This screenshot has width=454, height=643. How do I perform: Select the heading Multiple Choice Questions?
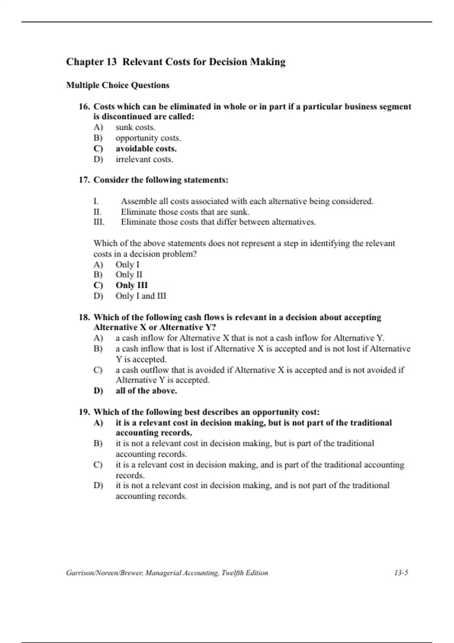(x=118, y=85)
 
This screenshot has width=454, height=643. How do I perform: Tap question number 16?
(x=84, y=107)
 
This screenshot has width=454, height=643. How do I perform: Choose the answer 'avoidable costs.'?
(x=146, y=149)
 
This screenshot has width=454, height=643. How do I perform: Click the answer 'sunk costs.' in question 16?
(x=135, y=127)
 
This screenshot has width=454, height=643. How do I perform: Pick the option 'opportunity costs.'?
(x=148, y=138)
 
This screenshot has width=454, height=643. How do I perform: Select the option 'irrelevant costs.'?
(x=145, y=159)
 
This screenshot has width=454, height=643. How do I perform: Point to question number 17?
(x=84, y=180)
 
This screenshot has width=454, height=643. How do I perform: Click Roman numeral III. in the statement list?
(x=99, y=222)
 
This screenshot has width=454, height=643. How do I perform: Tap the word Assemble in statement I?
(x=137, y=201)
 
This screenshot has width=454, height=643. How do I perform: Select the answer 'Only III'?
(x=132, y=285)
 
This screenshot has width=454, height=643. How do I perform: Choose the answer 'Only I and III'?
(x=141, y=296)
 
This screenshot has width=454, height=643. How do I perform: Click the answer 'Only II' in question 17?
(x=129, y=275)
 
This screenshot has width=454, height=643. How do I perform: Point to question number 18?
(x=84, y=317)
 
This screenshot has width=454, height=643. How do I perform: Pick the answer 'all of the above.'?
(x=146, y=391)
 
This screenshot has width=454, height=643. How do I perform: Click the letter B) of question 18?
(x=98, y=349)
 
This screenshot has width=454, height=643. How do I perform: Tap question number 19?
(x=84, y=412)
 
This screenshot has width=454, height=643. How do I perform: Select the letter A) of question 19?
(x=98, y=422)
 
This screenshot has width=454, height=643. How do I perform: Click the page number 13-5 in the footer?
(x=401, y=573)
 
